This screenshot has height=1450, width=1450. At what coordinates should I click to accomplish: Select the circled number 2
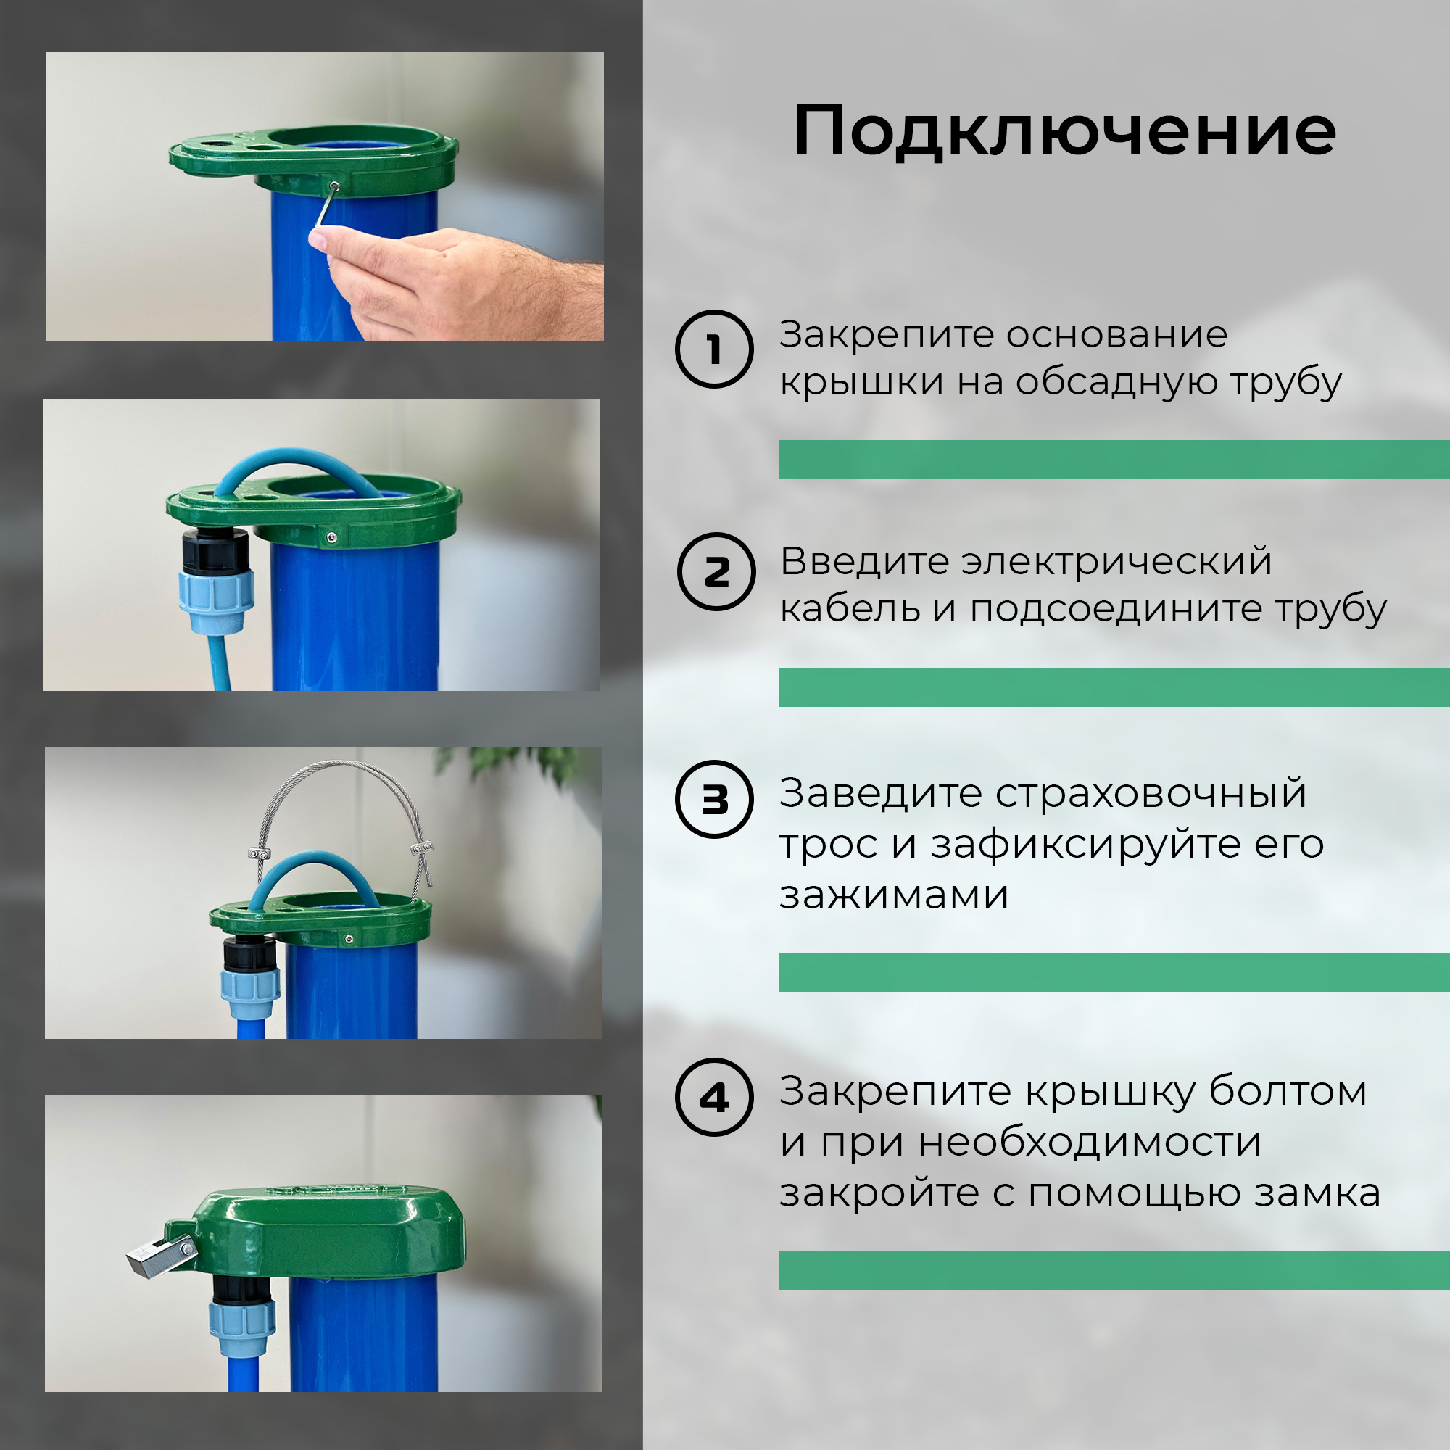click(x=716, y=571)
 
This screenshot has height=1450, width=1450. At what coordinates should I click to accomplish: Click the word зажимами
click(x=893, y=895)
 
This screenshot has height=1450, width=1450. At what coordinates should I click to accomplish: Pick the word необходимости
click(x=1089, y=1144)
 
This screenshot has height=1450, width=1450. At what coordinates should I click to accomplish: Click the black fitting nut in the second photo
click(x=215, y=551)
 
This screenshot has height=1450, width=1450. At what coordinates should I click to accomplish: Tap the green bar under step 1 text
click(x=1114, y=460)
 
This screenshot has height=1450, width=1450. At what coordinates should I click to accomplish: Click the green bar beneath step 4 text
click(x=1114, y=1271)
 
